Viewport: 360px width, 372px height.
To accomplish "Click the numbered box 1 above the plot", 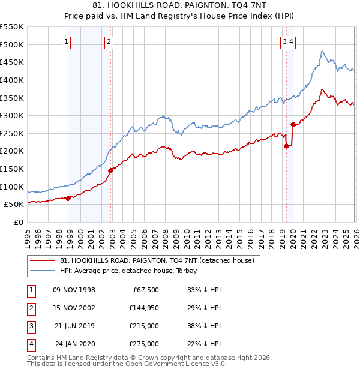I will click(x=65, y=41).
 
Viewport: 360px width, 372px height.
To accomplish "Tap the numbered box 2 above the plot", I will click(x=108, y=41).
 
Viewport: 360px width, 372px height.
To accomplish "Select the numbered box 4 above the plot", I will click(x=291, y=41).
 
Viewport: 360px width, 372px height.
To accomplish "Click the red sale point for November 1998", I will click(x=68, y=198).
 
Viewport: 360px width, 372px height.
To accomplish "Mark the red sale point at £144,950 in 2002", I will click(x=111, y=170).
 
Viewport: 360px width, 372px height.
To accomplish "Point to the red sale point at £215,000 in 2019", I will click(x=286, y=146).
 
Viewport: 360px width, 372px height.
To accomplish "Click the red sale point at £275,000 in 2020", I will click(x=293, y=124).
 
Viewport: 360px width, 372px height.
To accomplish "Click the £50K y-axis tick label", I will click(x=14, y=204).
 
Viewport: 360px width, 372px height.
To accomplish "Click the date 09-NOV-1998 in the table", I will click(x=74, y=290).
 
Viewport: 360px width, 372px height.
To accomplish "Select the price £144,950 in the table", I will click(x=143, y=308).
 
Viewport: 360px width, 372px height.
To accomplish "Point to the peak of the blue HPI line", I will click(x=322, y=51).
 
